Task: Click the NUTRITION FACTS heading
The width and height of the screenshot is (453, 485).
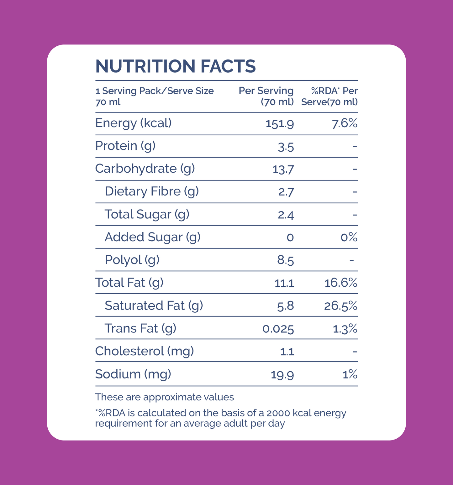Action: [175, 66]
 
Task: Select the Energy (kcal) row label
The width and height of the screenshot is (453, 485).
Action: [133, 123]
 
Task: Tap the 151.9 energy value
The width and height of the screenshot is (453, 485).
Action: [280, 124]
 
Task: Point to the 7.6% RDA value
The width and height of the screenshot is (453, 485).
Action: [345, 123]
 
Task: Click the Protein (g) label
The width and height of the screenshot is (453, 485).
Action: [125, 146]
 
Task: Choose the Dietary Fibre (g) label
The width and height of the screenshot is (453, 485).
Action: [152, 191]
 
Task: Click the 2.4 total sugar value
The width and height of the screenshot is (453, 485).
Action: [286, 215]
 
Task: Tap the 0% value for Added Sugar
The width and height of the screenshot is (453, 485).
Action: [349, 237]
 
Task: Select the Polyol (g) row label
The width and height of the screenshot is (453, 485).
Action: [132, 260]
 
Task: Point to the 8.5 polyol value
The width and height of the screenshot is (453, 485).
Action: [285, 260]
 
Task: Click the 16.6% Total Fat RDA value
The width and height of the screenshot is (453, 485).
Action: [341, 283]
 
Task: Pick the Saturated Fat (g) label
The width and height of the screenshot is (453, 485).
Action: [154, 306]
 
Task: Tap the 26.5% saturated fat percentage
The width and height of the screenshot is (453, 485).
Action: [341, 306]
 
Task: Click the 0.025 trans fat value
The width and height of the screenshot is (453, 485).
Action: [278, 329]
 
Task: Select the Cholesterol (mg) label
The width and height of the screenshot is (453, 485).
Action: [144, 351]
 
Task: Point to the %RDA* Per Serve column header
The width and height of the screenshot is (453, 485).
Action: [329, 96]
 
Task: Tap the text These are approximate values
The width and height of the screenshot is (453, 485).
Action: [165, 397]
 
